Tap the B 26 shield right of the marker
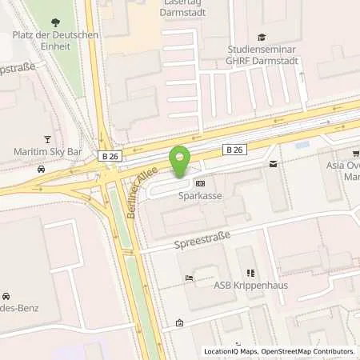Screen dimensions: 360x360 233,149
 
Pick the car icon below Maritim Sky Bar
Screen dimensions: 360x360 41,169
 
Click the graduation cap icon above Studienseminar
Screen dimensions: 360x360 261,37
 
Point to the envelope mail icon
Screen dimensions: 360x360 273,164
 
